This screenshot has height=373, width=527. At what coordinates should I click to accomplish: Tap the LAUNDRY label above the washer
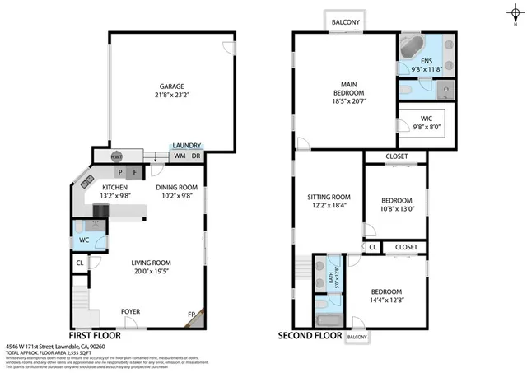pos(186,145)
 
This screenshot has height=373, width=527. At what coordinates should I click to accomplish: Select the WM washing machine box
pos(179,156)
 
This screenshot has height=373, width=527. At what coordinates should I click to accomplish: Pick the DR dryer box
pos(196,156)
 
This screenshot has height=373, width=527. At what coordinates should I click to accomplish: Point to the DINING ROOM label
pos(177,188)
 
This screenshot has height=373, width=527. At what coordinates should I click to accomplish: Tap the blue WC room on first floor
pos(84,240)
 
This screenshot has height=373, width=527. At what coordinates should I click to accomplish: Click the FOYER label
pos(130,312)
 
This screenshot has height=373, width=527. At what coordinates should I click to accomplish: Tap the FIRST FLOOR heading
pos(95,337)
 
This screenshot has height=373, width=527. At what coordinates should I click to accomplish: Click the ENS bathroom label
pos(426,60)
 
